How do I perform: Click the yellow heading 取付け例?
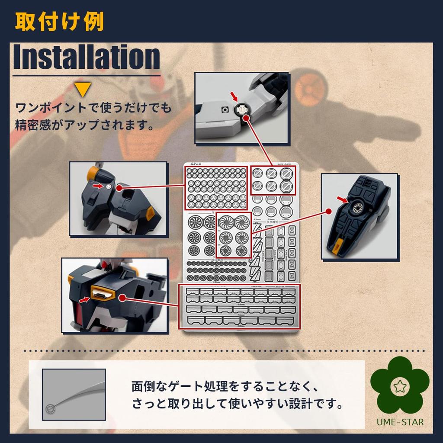click(59, 22)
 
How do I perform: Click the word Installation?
click(87, 57)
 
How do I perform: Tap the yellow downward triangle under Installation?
click(83, 90)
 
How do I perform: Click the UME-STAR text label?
click(400, 422)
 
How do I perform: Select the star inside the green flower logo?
click(400, 385)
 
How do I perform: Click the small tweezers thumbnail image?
click(74, 394)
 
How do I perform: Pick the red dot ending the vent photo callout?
click(123, 298)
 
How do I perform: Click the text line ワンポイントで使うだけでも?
click(93, 107)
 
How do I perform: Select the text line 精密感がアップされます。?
click(85, 125)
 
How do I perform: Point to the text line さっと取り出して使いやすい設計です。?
click(238, 405)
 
